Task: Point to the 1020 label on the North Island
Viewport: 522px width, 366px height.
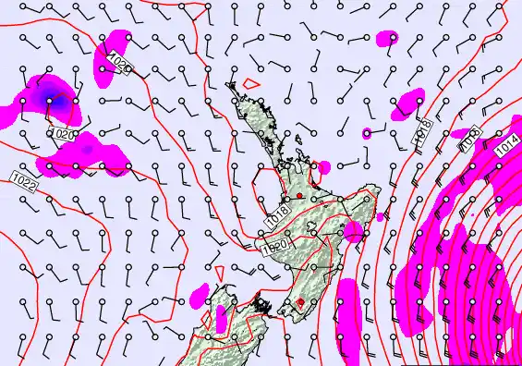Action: [x=273, y=247]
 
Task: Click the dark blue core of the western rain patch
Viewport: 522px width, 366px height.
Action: [x=48, y=97]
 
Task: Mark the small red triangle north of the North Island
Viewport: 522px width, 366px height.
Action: [x=249, y=84]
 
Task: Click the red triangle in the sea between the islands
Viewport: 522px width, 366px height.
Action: [x=221, y=272]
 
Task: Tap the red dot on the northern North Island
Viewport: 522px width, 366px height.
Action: [x=298, y=196]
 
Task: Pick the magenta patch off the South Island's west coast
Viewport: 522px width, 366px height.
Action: [x=199, y=296]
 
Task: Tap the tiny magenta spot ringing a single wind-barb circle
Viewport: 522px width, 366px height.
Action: [x=367, y=133]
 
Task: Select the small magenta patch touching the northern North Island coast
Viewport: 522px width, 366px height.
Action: [x=322, y=167]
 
